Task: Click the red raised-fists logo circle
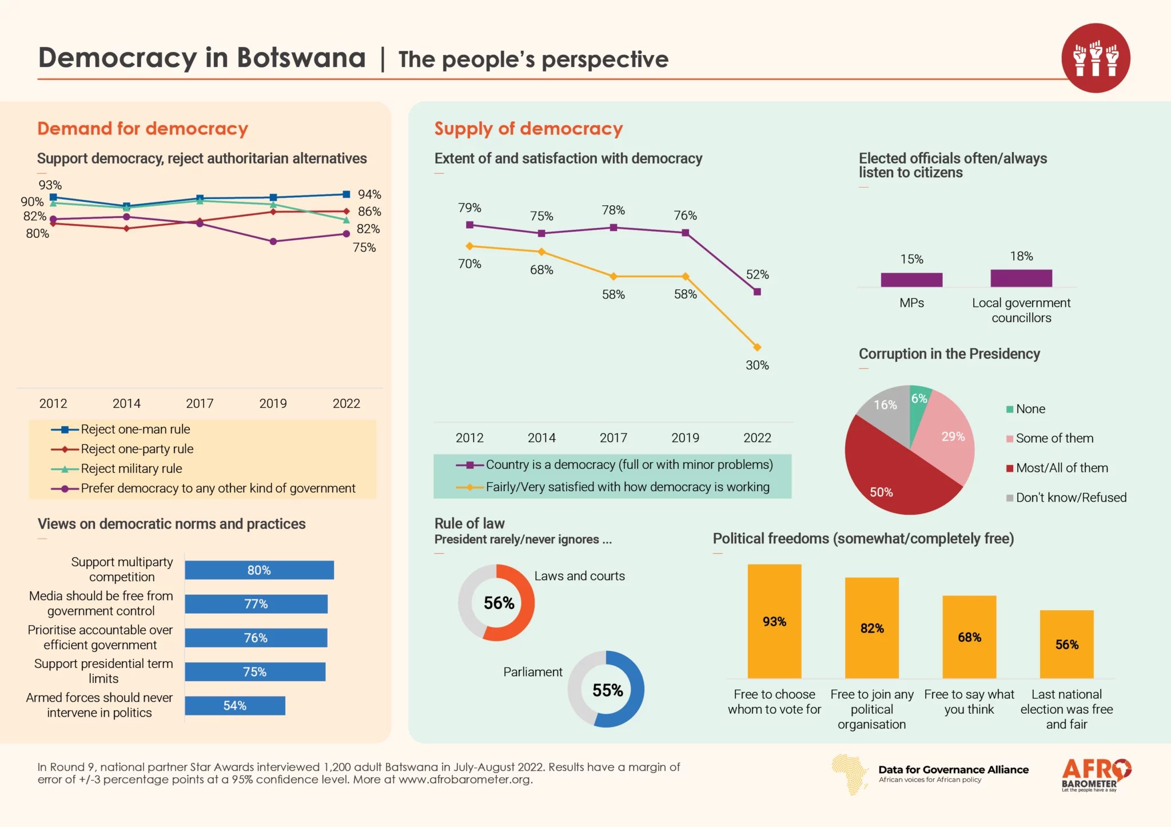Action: tap(1096, 58)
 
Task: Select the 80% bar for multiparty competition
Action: tap(259, 570)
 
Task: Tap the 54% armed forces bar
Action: tap(234, 706)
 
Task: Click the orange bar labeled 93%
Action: tap(774, 622)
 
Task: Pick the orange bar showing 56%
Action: tap(1066, 645)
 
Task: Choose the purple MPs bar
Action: tap(911, 280)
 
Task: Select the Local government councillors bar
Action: tap(1021, 278)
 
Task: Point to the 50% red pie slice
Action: tap(892, 475)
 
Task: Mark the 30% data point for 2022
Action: tap(757, 347)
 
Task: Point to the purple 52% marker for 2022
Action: tap(757, 292)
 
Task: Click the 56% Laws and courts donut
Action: tap(496, 603)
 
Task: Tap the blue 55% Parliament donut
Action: tap(606, 689)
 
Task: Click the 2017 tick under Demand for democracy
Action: tap(200, 404)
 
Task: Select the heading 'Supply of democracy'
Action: tap(528, 129)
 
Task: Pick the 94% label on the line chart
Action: tap(369, 194)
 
